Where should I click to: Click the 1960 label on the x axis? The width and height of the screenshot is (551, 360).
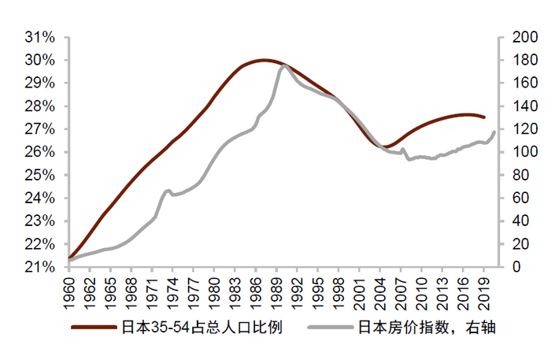click(x=69, y=288)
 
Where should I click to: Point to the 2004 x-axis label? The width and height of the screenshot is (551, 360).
click(x=382, y=288)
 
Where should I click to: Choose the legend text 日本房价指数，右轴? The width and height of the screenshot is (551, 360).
click(x=426, y=328)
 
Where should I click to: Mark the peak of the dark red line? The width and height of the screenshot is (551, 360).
click(x=263, y=60)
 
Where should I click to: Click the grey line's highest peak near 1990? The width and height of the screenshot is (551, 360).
click(x=285, y=65)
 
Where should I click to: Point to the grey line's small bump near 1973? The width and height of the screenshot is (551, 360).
click(x=168, y=191)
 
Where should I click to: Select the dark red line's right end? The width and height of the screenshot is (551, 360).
click(x=484, y=117)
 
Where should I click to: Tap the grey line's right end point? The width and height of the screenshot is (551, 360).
click(x=495, y=132)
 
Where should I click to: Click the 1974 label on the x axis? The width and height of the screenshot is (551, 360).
click(x=174, y=288)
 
